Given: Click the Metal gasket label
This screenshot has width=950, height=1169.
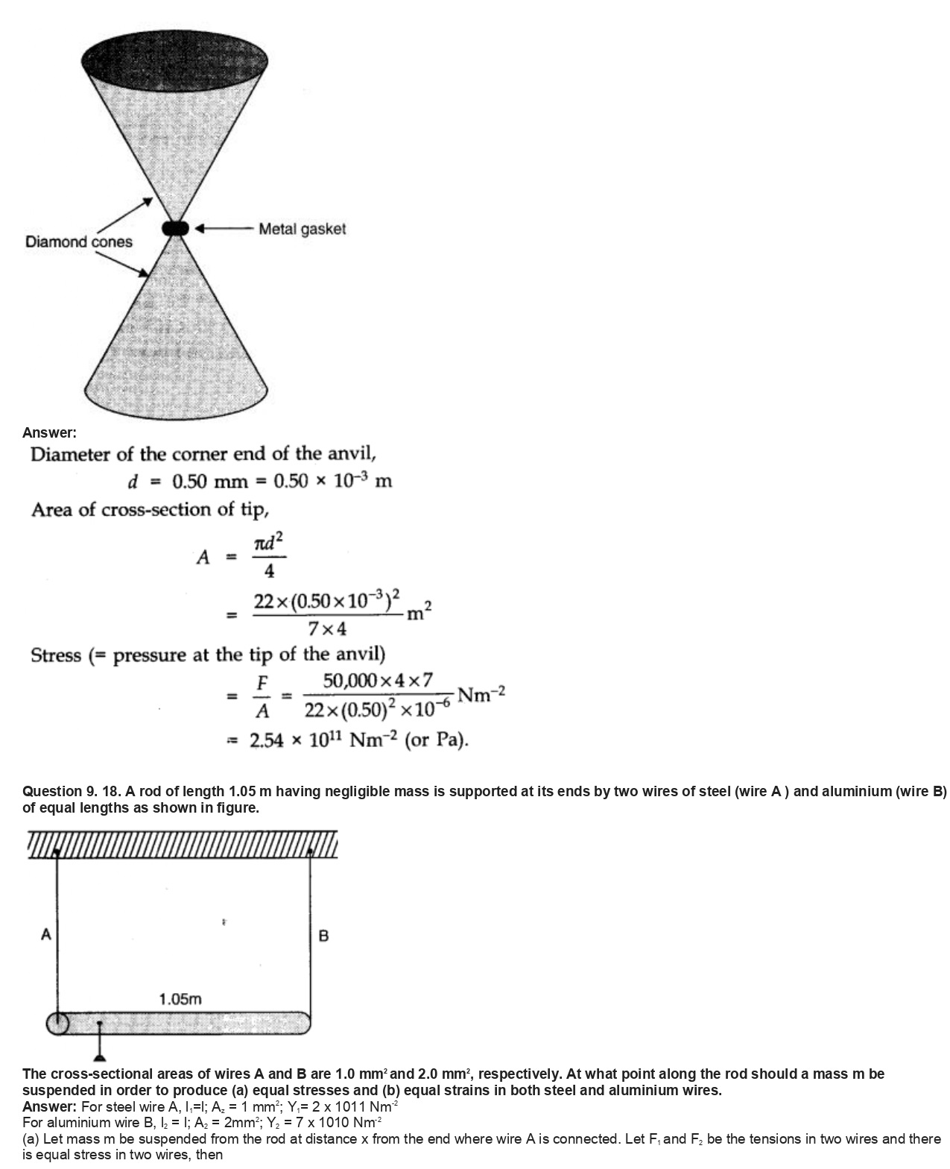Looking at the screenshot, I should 302,230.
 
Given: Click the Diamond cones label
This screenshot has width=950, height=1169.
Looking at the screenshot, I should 78,242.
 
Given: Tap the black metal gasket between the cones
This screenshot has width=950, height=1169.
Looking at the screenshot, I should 177,228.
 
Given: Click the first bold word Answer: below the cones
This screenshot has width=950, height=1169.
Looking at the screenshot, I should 49,432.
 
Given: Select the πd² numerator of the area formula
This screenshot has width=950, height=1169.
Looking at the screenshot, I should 269,544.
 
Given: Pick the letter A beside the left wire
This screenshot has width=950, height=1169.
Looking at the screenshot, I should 46,934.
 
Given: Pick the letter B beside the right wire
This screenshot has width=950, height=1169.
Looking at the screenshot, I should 323,936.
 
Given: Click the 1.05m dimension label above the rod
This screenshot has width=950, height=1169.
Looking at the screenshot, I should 180,999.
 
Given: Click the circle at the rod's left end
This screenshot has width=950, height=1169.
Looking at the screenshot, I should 58,1023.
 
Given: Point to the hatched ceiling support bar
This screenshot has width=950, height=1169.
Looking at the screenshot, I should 183,845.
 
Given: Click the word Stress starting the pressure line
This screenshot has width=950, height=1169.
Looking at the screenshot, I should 56,656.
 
